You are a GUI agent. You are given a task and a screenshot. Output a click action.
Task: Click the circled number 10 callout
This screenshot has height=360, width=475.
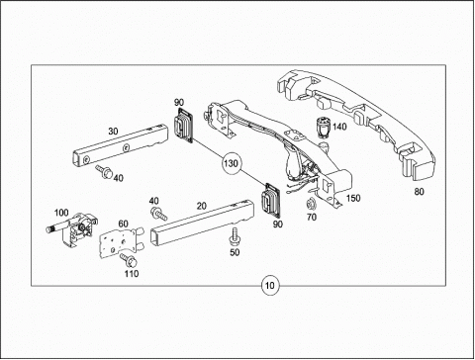[x=270, y=286]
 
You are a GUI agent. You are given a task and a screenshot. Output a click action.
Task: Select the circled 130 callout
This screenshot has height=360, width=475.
[x=231, y=163]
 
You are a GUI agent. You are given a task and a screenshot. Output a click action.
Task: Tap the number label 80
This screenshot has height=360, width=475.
[x=419, y=192]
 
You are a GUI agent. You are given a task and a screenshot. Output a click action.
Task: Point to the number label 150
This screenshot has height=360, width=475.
[x=353, y=198]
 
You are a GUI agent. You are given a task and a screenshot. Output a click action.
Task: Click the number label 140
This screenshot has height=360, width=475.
[x=339, y=127]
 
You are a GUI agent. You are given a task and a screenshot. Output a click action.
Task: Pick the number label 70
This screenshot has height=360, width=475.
[x=312, y=217]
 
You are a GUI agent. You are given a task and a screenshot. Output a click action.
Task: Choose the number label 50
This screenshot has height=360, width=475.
[x=235, y=252]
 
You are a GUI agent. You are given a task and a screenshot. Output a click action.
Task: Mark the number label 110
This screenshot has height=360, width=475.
[x=132, y=274]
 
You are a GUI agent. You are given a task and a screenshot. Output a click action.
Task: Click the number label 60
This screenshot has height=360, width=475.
[x=123, y=224]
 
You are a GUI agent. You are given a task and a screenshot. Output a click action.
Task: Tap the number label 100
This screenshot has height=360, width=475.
[x=61, y=213]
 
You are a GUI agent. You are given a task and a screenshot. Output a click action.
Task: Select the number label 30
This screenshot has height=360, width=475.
[x=113, y=132]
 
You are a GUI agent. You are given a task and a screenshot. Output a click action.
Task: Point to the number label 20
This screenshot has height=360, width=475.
[x=201, y=206]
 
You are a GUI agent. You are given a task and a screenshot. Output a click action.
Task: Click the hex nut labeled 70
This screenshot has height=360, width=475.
[x=311, y=204]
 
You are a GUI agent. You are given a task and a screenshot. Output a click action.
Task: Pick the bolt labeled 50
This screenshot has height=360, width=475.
[x=236, y=236]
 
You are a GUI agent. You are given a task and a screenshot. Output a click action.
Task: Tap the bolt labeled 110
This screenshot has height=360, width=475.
[x=129, y=260]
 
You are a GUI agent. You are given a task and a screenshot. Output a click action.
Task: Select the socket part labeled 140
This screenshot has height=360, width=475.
[x=324, y=127]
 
